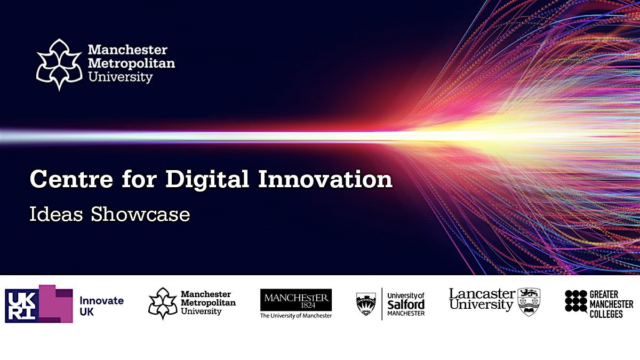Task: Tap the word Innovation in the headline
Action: point(325,179)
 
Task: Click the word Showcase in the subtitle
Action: point(141,214)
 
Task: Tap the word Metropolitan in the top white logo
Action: point(131,63)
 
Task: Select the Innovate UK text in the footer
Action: point(101,306)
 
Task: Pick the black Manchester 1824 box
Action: point(296,300)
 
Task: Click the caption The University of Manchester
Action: point(296,316)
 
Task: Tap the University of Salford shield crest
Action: point(366,304)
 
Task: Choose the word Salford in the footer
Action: point(406,304)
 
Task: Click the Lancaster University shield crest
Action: point(529,301)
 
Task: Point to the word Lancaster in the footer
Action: point(482,294)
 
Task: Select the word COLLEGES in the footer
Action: point(606,314)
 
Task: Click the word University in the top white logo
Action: point(120,77)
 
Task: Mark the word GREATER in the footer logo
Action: point(604,294)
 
